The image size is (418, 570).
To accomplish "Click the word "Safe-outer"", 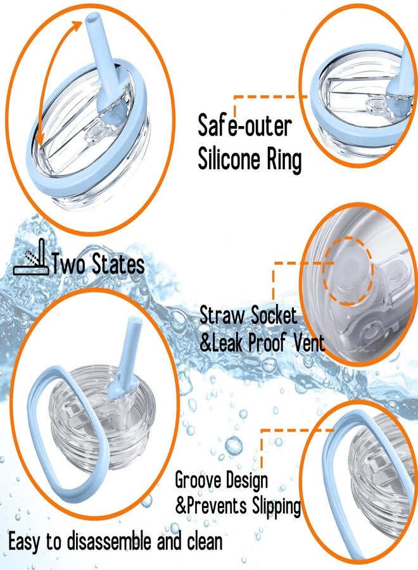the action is pyautogui.click(x=244, y=125).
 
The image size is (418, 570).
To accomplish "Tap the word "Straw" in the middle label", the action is pyautogui.click(x=222, y=315).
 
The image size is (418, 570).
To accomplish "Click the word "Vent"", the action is pyautogui.click(x=309, y=342).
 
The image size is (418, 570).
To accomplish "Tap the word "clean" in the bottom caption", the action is pyautogui.click(x=205, y=541).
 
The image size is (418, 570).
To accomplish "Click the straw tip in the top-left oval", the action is pyautogui.click(x=93, y=18).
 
